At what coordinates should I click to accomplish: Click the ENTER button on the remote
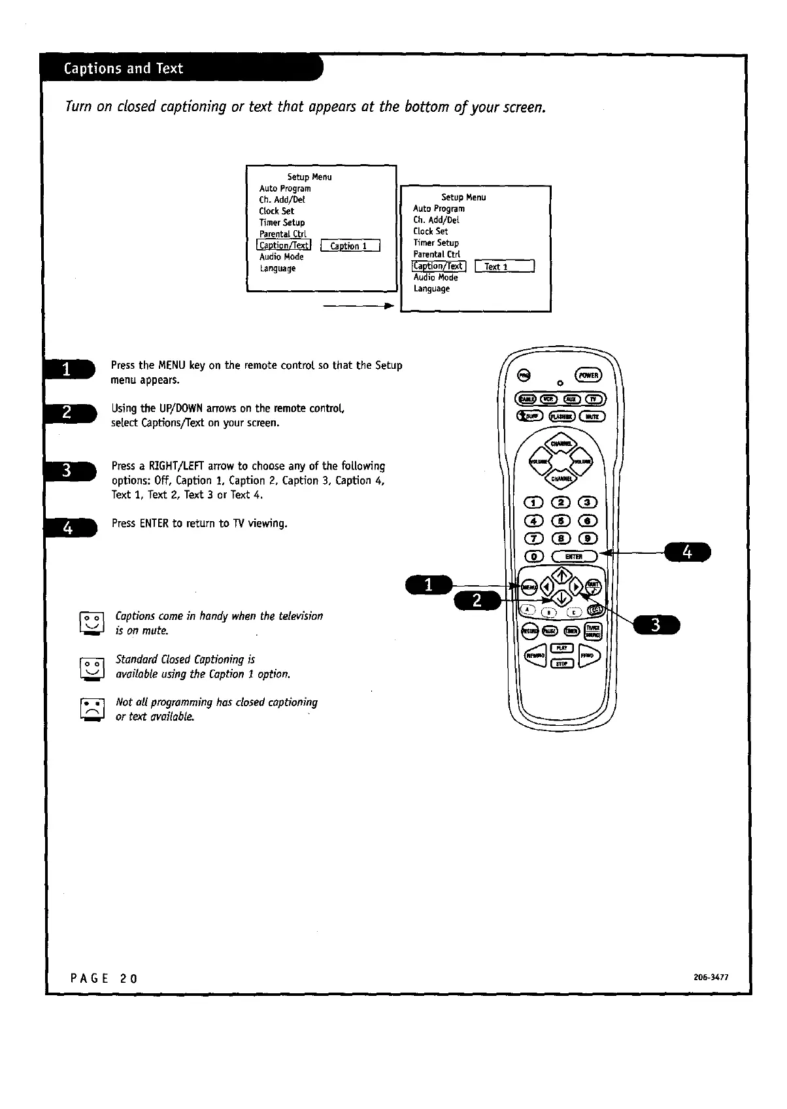coord(574,556)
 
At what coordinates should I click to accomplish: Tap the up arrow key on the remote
coord(561,576)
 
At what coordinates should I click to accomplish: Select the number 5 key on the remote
coord(561,521)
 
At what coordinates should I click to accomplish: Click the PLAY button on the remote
coord(561,647)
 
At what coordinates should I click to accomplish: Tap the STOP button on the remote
coord(561,664)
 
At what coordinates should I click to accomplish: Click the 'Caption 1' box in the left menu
coord(351,246)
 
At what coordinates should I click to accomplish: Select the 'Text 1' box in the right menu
coord(505,266)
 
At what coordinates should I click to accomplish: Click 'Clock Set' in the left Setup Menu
coord(276,211)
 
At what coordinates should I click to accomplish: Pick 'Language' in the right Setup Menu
coord(431,288)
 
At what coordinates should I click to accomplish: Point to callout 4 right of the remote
coord(686,553)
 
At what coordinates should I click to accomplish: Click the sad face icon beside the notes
coord(92,709)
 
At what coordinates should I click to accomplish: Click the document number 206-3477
coord(711,978)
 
